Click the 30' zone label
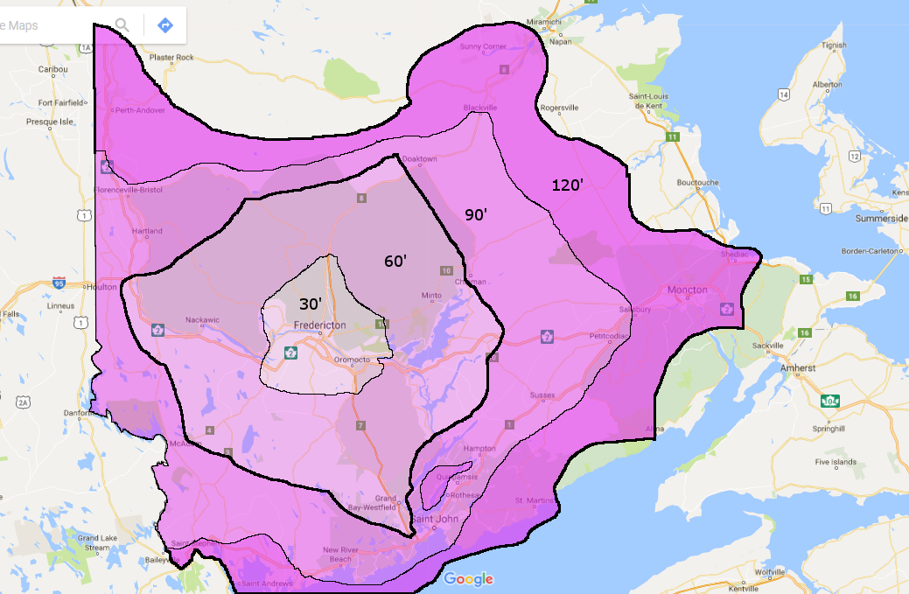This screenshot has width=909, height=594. point(311,304)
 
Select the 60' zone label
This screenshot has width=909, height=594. point(395,260)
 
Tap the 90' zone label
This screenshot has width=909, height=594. point(476,214)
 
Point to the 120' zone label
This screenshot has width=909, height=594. point(567,185)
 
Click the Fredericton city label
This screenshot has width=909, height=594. point(320,325)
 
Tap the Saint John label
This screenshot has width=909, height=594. point(435,521)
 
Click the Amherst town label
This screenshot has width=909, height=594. point(797,368)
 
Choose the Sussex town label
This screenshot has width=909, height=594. point(542,395)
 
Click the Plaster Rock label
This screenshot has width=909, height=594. point(171,57)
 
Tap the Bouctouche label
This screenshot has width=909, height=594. point(698,183)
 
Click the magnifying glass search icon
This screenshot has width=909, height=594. point(122,24)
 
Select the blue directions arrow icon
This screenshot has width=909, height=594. point(164,24)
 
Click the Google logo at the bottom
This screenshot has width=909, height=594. point(468,579)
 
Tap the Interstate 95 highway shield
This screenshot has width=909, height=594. point(59,283)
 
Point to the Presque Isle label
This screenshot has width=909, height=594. point(49,122)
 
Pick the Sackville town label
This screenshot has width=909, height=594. point(769,346)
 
